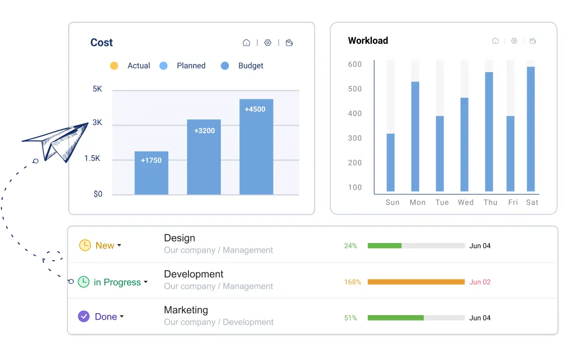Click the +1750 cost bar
151,173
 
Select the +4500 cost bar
256,147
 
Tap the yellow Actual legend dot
114,66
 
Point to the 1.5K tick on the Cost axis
92,158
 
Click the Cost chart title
101,43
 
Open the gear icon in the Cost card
268,43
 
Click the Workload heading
368,41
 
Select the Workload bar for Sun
391,162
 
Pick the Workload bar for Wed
465,145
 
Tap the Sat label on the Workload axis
532,202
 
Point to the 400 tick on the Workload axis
355,113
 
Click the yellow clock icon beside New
85,245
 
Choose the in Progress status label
117,282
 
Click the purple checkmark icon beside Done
84,317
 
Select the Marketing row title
186,310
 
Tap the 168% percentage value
352,282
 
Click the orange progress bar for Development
416,282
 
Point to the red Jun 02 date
480,282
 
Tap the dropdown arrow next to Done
122,317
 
